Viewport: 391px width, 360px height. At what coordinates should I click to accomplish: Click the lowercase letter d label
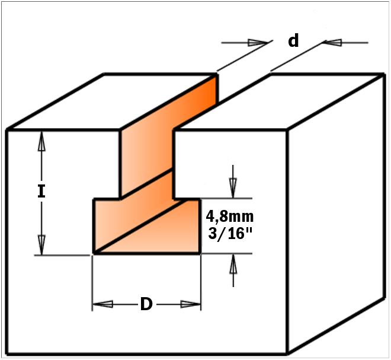pyautogui.click(x=293, y=41)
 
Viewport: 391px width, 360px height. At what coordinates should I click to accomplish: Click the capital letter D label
pyautogui.click(x=146, y=304)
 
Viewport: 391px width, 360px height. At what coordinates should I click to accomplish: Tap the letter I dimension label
pyautogui.click(x=41, y=192)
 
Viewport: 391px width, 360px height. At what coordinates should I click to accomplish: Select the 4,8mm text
pyautogui.click(x=229, y=216)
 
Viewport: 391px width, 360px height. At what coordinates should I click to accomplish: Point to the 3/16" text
pyautogui.click(x=230, y=234)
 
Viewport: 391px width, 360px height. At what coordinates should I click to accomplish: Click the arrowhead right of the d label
pyautogui.click(x=332, y=43)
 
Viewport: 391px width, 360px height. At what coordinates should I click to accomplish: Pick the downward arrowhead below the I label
pyautogui.click(x=41, y=245)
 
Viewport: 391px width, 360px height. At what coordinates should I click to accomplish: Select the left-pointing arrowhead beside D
pyautogui.click(x=102, y=304)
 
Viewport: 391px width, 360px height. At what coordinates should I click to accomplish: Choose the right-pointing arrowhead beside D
pyautogui.click(x=191, y=304)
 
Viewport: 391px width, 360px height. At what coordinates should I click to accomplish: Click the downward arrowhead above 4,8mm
pyautogui.click(x=233, y=188)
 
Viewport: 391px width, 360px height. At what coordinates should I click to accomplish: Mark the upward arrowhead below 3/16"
pyautogui.click(x=233, y=264)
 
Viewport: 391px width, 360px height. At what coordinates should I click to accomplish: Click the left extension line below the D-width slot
pyautogui.click(x=92, y=283)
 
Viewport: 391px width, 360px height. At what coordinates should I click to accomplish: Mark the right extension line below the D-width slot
pyautogui.click(x=201, y=282)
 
